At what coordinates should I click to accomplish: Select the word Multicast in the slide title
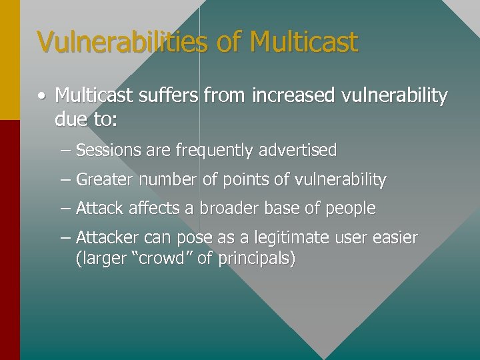304,41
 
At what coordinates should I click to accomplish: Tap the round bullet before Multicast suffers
42,97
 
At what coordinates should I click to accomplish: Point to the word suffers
169,96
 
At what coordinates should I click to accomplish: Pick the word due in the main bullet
69,120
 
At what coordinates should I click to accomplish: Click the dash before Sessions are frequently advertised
65,151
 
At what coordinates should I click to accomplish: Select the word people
351,209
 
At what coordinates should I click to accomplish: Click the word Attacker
107,238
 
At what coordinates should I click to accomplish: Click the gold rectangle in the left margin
9,60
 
